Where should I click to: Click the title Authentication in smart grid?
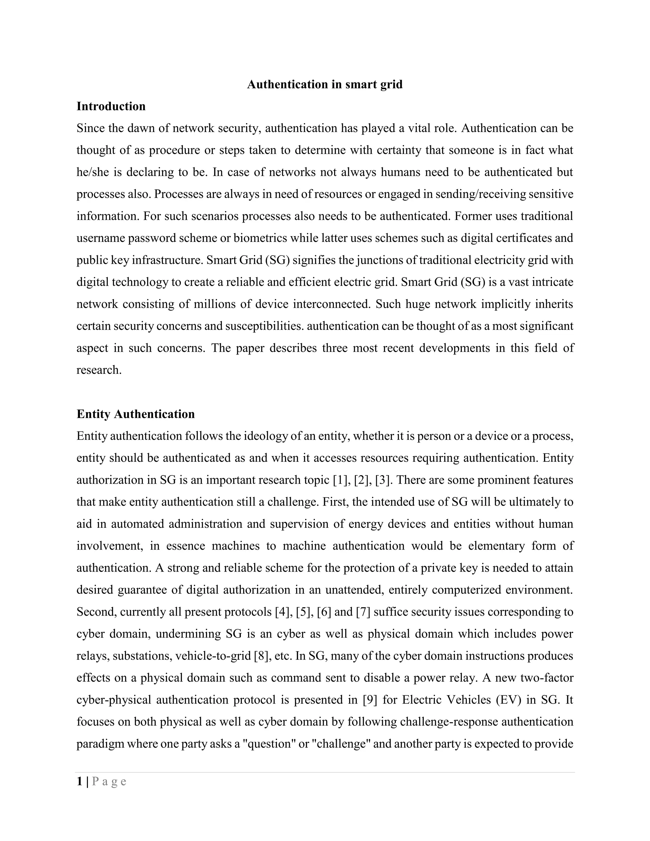pos(325,84)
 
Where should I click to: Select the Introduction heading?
pos(111,106)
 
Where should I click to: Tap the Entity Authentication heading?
pos(136,414)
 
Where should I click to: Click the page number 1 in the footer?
pos(79,781)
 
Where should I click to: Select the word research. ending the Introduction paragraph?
pos(99,370)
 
